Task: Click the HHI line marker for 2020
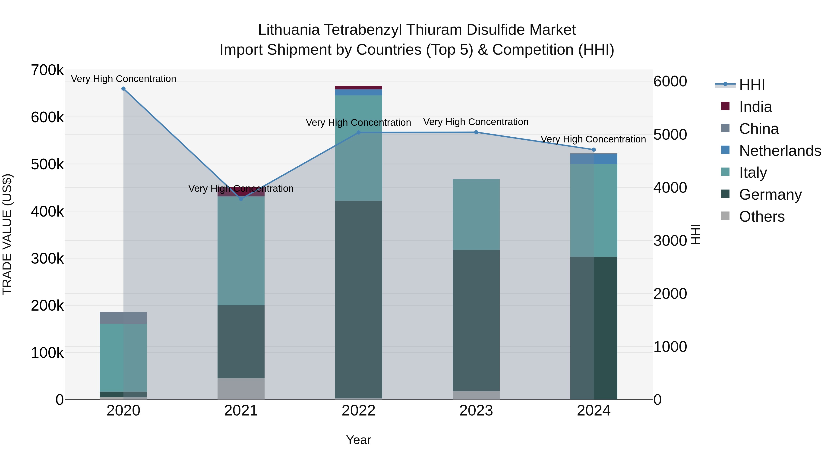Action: tap(123, 89)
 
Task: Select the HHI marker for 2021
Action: tap(241, 199)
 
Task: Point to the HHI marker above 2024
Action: tap(594, 150)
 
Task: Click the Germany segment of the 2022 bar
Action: tap(358, 299)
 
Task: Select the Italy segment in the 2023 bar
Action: tap(476, 214)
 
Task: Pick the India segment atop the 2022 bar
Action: tap(358, 88)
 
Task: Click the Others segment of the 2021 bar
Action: tap(241, 388)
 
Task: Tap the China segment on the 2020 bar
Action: tap(123, 318)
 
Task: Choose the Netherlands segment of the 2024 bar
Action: tap(594, 159)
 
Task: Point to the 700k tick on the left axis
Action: tap(47, 70)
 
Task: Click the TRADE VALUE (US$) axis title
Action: tap(7, 234)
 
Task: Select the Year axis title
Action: tap(358, 440)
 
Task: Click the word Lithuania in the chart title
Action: tap(289, 30)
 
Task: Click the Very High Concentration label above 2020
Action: tap(123, 79)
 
